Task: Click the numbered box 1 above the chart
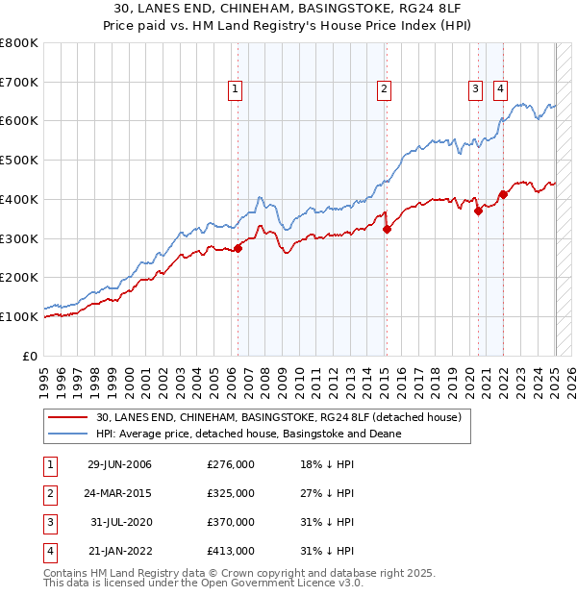point(236,90)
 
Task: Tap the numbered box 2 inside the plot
point(384,90)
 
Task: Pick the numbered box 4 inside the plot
point(501,90)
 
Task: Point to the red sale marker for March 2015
point(387,229)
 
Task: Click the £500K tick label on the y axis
point(20,161)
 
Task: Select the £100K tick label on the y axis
point(20,316)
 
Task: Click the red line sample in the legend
point(69,418)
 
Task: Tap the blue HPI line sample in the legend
point(69,434)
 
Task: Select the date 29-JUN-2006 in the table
point(119,464)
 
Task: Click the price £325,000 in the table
point(231,493)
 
